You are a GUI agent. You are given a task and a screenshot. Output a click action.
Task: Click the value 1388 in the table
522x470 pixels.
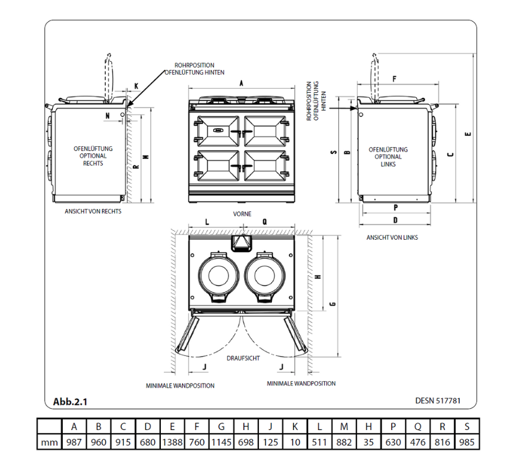(x=172, y=442)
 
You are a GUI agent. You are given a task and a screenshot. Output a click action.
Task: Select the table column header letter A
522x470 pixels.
(x=73, y=427)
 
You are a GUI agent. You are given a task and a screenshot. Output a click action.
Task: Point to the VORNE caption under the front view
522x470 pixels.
(x=242, y=214)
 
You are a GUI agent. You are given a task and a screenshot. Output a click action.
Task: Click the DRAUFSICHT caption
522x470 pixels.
(x=243, y=358)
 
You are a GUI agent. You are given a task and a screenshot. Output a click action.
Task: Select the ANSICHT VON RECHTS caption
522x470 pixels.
(x=93, y=211)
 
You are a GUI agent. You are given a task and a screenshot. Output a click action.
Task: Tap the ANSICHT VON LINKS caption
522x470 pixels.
(x=392, y=237)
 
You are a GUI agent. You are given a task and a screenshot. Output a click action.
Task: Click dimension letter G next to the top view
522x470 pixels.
(x=333, y=304)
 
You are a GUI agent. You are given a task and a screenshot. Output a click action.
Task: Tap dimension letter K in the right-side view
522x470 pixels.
(x=136, y=86)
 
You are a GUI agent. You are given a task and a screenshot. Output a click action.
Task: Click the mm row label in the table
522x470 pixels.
(x=49, y=442)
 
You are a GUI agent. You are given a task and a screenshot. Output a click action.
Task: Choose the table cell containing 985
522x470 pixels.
(x=467, y=442)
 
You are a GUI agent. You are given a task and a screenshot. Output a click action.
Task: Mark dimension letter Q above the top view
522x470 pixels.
(x=264, y=222)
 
